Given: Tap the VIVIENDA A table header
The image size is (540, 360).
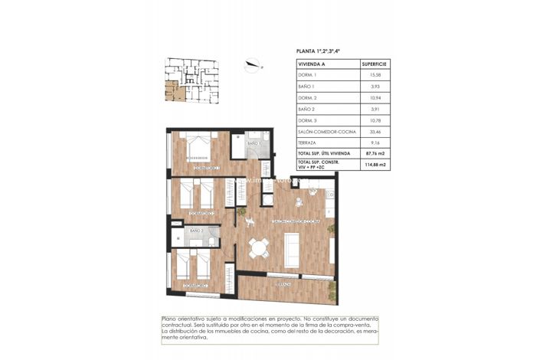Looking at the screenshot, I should coord(312,64).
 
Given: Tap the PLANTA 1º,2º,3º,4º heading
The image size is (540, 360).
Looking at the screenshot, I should coord(318,51).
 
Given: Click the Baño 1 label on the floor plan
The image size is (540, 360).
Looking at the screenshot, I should coord(254,144).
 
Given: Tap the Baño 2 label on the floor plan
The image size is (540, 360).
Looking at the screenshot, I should coord(196,231).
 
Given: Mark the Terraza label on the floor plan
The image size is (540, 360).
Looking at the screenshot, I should coord(283,284).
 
